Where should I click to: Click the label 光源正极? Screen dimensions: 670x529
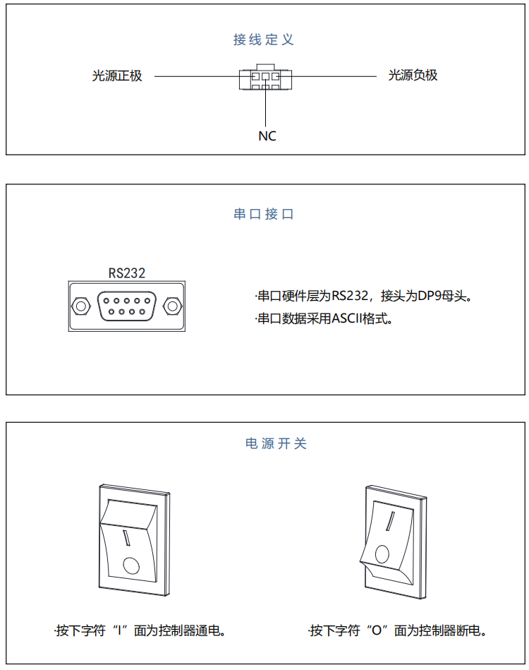pos(117,76)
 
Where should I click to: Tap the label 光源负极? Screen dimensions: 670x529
pos(413,75)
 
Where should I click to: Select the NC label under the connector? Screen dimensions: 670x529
pos(267,136)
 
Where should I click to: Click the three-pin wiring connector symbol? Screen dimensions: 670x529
pos(265,78)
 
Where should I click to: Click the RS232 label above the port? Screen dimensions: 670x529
pos(127,273)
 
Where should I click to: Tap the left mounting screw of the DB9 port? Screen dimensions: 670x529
pos(81,306)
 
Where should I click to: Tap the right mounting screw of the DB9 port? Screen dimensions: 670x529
pos(171,306)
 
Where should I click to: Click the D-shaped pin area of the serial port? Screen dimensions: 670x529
pos(127,306)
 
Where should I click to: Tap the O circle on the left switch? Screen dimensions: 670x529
pos(130,565)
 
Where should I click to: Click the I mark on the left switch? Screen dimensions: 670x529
pos(128,538)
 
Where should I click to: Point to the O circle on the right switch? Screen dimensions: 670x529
pos(382,553)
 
